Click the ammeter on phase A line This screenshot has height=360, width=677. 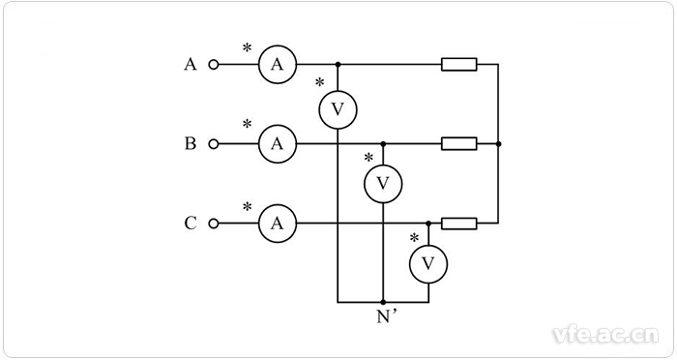click(x=277, y=65)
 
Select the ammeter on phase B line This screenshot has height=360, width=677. click(x=277, y=144)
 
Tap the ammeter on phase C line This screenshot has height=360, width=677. click(x=277, y=224)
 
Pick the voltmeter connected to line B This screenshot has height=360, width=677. click(x=383, y=183)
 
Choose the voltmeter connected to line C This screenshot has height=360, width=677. click(x=427, y=263)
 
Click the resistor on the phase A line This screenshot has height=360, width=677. click(x=458, y=65)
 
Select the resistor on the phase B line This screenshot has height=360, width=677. click(x=458, y=144)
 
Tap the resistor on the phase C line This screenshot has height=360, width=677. click(x=458, y=224)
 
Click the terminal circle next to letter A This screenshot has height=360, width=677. click(x=214, y=65)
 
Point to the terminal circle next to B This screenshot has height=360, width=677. click(x=214, y=144)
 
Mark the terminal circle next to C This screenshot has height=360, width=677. click(x=214, y=224)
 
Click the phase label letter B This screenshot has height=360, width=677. click(x=191, y=144)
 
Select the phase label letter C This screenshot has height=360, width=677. click(x=191, y=224)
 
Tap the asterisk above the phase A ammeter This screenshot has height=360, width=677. click(x=247, y=45)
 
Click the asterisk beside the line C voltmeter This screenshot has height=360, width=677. click(x=413, y=237)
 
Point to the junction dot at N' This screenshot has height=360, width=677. click(x=383, y=302)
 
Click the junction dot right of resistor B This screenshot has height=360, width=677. click(x=497, y=144)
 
